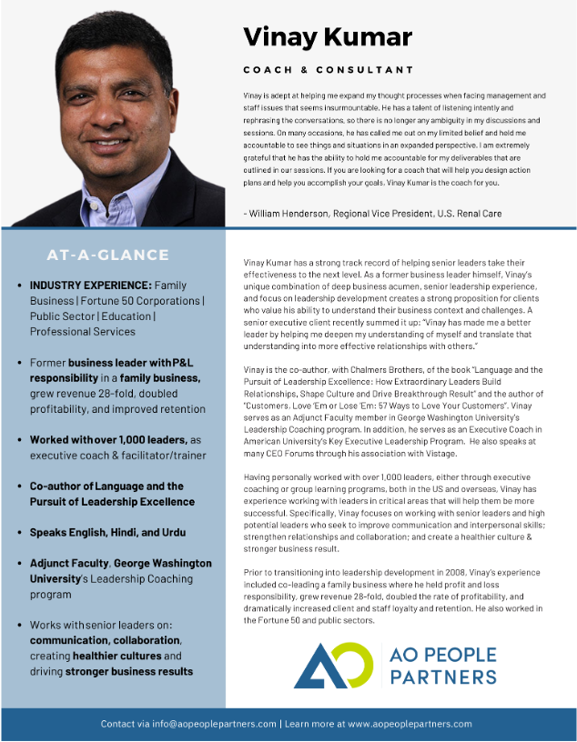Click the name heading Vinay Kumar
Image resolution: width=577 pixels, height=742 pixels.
click(x=327, y=37)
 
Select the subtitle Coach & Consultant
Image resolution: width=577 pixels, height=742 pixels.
click(x=328, y=70)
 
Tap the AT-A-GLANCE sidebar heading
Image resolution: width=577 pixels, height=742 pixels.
click(x=107, y=256)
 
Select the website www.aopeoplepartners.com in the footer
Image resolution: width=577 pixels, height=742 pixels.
click(x=410, y=724)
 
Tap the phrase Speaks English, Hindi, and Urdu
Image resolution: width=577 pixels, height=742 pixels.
click(x=102, y=533)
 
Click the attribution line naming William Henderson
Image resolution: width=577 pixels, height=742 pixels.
click(x=373, y=213)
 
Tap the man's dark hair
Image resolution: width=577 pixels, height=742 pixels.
click(x=109, y=36)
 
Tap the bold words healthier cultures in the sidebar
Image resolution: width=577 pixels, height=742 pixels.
click(x=113, y=656)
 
